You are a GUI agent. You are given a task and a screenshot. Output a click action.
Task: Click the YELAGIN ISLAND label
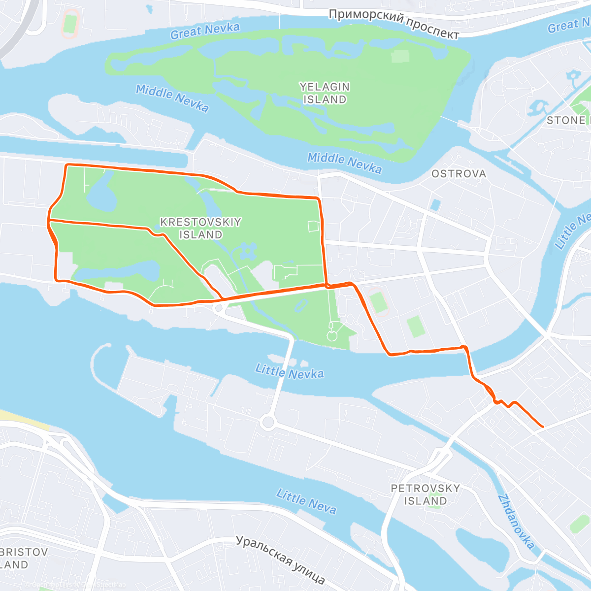pos(325,93)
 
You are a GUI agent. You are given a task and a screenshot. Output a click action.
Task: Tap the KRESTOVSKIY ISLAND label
pos(200,228)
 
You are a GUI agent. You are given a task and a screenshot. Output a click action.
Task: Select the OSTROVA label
pos(459,174)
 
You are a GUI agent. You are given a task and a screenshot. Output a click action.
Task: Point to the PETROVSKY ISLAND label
pos(426,494)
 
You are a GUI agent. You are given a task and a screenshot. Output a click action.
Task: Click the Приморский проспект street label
pos(394,23)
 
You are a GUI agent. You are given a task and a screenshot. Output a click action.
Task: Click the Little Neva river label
pos(306,501)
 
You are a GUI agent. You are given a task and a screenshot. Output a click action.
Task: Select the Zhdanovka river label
pos(516,522)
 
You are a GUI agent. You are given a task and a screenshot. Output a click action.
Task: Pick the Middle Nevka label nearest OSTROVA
pos(344,164)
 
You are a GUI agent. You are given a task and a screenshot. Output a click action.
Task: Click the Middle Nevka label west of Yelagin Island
pos(172,98)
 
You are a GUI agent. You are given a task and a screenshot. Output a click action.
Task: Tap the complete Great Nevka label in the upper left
pos(205,31)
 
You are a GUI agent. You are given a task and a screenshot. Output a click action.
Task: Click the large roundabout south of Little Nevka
pos(268,422)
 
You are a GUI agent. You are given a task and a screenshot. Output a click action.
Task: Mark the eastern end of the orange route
pos(542,427)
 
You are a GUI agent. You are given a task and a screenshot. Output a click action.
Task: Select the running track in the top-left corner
pos(70,24)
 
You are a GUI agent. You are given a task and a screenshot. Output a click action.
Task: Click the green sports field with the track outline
pos(378,301)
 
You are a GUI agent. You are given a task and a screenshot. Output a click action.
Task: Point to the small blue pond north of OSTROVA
pos(434,204)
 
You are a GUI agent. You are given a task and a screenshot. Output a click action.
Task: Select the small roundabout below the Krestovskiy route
pos(218,308)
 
